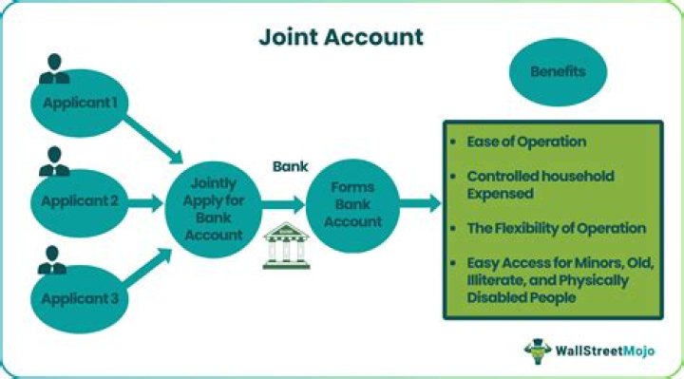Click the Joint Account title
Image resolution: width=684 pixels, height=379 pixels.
[341, 38]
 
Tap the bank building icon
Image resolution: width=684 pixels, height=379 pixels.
[280, 246]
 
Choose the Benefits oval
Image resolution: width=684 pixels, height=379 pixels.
[558, 72]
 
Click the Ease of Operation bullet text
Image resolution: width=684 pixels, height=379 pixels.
[525, 142]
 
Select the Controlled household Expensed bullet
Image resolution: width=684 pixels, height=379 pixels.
[540, 184]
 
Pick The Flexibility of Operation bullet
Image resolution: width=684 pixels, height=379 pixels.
[556, 228]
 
